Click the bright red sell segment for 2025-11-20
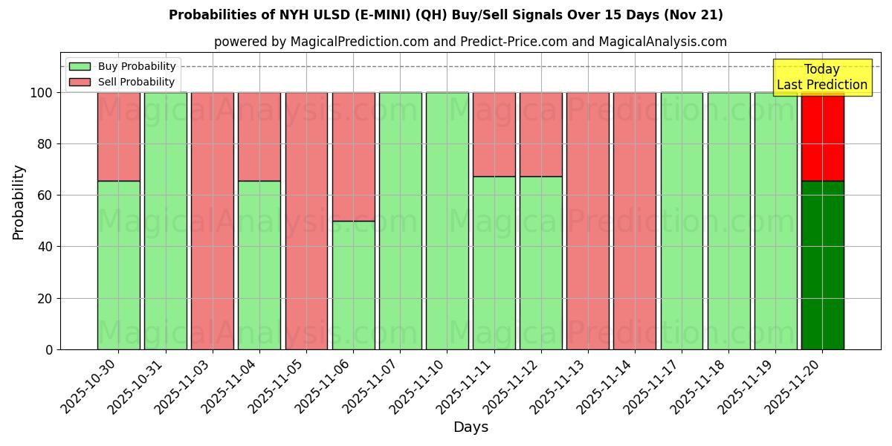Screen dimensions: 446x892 coord(822,137)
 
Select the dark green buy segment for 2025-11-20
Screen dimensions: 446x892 coord(822,265)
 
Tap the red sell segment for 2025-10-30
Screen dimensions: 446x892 coord(118,137)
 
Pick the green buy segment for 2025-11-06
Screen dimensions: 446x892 coord(353,285)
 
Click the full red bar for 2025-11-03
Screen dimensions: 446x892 coord(213,221)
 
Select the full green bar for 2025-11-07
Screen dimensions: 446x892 coord(400,221)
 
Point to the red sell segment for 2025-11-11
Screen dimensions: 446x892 coord(494,135)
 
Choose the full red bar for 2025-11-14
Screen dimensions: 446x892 coord(635,221)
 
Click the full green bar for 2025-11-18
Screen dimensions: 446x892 coord(728,221)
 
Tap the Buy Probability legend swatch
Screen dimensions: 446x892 coord(80,67)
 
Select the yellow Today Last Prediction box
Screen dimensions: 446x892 coord(822,77)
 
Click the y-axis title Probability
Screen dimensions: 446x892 coord(19,201)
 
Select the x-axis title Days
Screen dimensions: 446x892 coord(471,427)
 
